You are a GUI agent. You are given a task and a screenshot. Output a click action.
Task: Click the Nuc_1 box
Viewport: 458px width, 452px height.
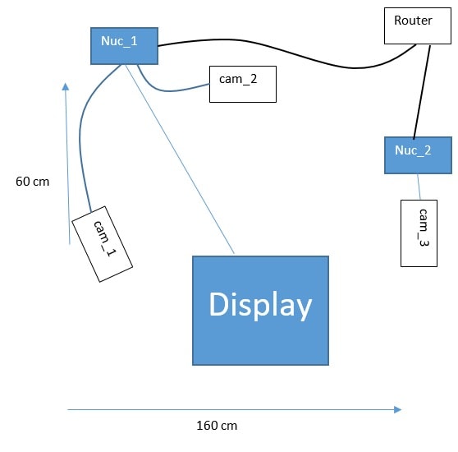click(123, 44)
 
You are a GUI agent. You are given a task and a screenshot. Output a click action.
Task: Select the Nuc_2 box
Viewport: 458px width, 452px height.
click(418, 155)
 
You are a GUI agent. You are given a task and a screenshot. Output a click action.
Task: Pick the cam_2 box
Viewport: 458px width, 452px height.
click(242, 84)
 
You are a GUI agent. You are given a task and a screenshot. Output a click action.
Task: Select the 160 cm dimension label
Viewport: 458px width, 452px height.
click(217, 426)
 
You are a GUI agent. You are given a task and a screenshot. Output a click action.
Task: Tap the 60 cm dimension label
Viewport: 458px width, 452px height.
click(32, 182)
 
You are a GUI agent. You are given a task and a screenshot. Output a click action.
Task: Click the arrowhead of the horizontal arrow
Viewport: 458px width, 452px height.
click(397, 409)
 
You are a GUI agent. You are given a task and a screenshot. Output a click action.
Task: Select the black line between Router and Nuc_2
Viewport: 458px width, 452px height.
click(422, 90)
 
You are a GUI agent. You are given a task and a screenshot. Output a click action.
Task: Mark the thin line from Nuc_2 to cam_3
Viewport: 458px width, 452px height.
click(419, 187)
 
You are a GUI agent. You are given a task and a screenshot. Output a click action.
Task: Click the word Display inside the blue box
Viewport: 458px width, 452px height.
click(260, 305)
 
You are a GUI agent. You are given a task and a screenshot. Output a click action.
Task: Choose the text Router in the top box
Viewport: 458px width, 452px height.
click(413, 21)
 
